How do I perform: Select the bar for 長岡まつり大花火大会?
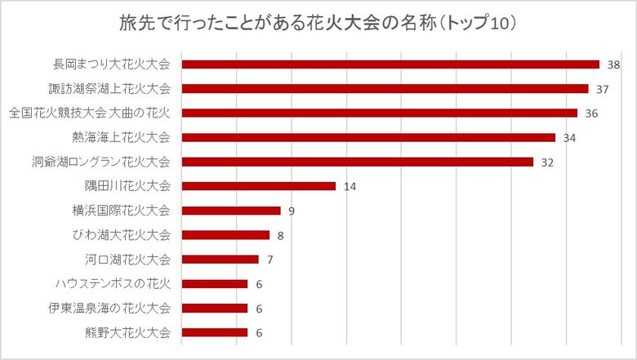pos(390,64)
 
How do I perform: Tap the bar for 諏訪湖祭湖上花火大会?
pos(385,88)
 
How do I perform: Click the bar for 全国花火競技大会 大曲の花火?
pos(379,113)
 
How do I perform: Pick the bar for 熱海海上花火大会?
pos(368,137)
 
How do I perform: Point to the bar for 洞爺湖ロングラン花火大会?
pos(357,162)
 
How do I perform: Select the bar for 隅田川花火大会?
pos(258,186)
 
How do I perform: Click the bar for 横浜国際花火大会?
pos(231,211)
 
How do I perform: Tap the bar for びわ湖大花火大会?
pos(225,235)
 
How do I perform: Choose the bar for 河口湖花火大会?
pos(220,260)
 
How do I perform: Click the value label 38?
pos(614,64)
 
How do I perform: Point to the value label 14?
pos(350,187)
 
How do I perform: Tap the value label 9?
pos(291,211)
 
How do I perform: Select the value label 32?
pos(547,162)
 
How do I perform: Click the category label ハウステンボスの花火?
pos(113,284)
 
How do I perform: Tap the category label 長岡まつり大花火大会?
pos(112,64)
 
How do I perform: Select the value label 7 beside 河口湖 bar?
pos(269,260)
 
